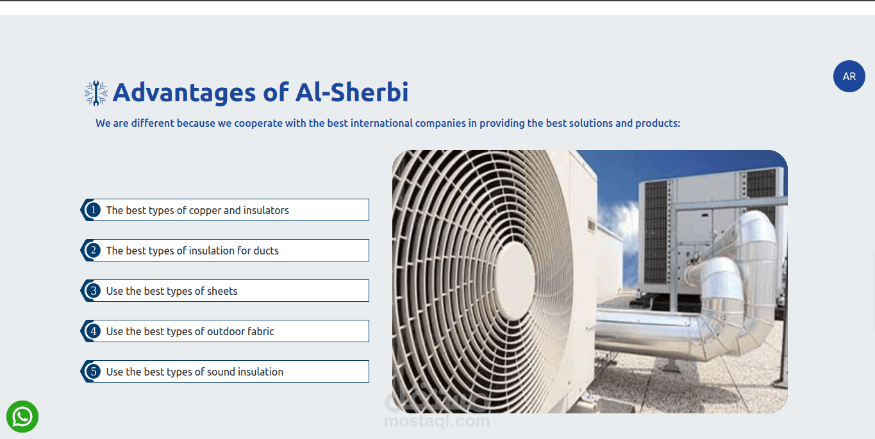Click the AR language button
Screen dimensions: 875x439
coord(849,76)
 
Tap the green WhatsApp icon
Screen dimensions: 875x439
coord(22,417)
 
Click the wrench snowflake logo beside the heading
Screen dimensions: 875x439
coord(96,93)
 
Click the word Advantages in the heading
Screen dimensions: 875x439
coord(185,93)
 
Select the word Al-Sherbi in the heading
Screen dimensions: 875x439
coord(352,92)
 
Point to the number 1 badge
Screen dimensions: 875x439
coord(94,210)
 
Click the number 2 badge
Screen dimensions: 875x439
coord(94,250)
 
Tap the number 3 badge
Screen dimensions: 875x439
coord(94,290)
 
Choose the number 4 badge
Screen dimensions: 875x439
coord(94,331)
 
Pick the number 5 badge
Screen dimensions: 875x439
coord(94,372)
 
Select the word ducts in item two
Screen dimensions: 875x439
coord(266,251)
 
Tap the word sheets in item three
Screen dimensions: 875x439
coord(222,291)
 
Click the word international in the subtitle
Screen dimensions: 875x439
coord(381,124)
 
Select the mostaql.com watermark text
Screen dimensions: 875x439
coord(437,421)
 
